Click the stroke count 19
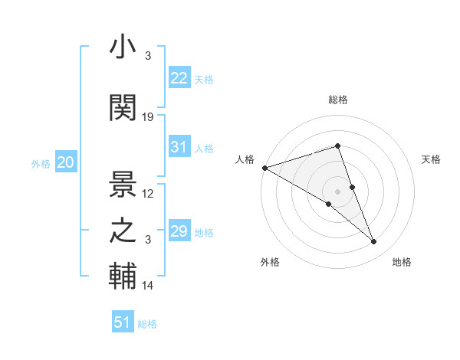click(148, 117)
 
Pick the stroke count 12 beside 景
click(148, 193)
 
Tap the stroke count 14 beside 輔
click(148, 286)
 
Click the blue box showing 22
click(179, 78)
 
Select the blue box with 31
click(179, 147)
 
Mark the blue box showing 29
click(179, 231)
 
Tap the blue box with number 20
click(66, 162)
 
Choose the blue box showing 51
click(123, 322)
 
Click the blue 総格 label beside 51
click(147, 324)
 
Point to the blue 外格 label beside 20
click(41, 164)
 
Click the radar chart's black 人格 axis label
click(245, 159)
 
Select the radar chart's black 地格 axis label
click(402, 262)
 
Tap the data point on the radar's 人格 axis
click(264, 168)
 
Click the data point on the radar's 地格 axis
click(374, 242)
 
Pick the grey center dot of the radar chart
click(337, 191)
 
